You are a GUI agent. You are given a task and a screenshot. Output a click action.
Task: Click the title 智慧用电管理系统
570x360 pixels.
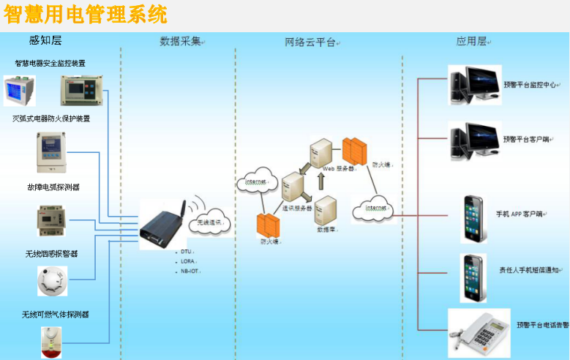coord(85,14)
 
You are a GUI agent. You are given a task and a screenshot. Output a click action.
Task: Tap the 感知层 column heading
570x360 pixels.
coord(45,42)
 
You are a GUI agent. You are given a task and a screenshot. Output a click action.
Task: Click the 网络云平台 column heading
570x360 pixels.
coord(311,42)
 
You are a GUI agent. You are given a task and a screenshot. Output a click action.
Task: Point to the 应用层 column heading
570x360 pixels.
coord(472,42)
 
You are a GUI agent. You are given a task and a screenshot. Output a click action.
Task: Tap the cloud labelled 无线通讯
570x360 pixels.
coord(209,222)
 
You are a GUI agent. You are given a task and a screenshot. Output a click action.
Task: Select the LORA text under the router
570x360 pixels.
coord(188,260)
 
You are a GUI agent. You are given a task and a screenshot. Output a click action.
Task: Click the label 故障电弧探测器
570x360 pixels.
coord(53,187)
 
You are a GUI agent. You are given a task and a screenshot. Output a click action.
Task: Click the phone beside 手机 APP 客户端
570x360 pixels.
coord(473,219)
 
